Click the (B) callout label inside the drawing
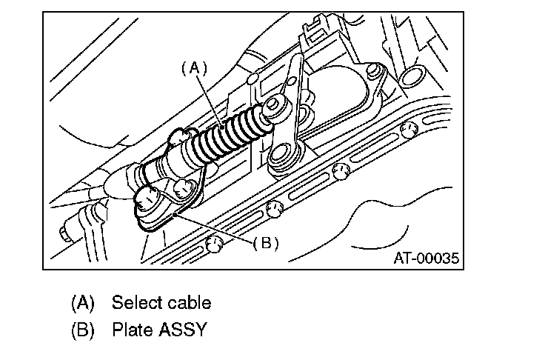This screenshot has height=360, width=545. point(265,242)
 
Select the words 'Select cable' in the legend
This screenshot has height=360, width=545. point(161,302)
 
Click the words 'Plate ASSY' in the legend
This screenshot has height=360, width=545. point(159,330)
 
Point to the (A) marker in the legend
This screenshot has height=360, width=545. point(84,302)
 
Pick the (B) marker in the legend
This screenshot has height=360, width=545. point(84,330)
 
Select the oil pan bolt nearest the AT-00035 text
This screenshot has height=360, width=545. point(405,131)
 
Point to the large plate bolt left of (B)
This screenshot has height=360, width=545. point(144,199)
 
